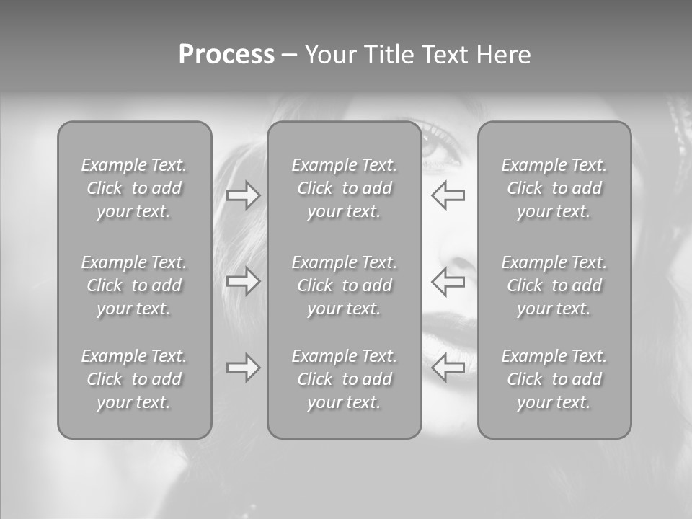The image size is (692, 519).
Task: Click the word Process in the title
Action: tap(226, 55)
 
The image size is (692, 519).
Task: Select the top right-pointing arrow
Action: tap(244, 195)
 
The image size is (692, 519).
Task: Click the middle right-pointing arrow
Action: tap(244, 281)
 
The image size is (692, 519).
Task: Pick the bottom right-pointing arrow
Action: tap(244, 368)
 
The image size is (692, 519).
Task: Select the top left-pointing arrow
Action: tap(448, 195)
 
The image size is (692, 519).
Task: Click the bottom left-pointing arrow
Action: tap(448, 368)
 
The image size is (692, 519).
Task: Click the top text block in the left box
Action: tap(134, 188)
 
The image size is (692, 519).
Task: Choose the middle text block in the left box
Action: tap(134, 285)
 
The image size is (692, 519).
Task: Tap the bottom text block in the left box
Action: tap(134, 379)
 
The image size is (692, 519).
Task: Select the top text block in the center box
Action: tap(345, 188)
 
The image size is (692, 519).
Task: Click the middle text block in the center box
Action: tap(345, 285)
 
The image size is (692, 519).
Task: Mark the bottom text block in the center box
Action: tap(345, 379)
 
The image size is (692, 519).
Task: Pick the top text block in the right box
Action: tap(554, 188)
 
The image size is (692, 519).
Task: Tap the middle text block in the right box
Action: tap(554, 285)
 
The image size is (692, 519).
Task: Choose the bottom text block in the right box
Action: tap(554, 379)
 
